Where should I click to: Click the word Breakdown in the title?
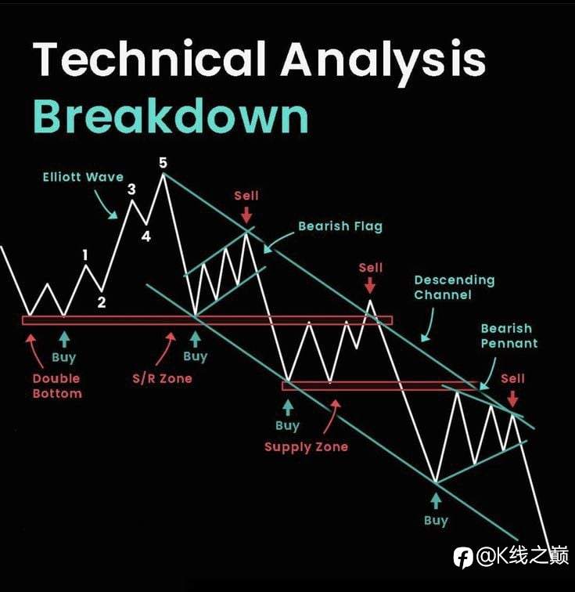pos(171,116)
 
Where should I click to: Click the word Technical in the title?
pos(149,59)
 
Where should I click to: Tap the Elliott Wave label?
pos(83,177)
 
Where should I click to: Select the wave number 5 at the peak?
pos(163,163)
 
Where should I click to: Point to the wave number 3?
pos(131,190)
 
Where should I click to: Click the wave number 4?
pos(146,236)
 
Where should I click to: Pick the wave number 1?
pos(85,255)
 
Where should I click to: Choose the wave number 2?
pos(102,302)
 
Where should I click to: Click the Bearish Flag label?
pos(340,226)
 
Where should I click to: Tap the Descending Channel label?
pos(455,287)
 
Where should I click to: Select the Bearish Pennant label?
pos(509,336)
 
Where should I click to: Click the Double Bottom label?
pos(57,386)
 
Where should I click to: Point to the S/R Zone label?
pos(162,378)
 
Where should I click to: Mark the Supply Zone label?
pos(306,447)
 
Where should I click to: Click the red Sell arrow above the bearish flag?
pos(246,215)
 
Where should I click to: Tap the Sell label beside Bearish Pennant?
pos(512,378)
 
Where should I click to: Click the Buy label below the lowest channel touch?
pos(436,521)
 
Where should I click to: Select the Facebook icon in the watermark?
pos(463,558)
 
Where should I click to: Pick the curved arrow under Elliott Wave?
pos(106,205)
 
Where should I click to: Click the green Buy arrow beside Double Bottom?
pos(64,339)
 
